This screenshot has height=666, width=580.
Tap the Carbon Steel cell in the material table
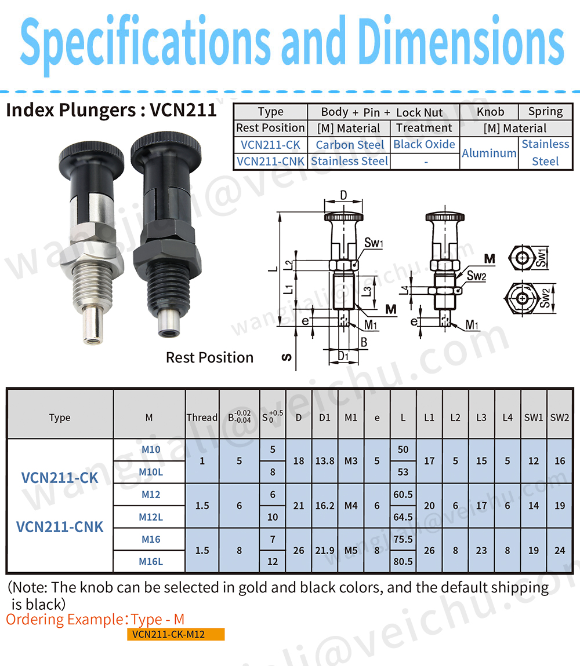point(350,145)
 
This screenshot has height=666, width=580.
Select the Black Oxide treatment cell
point(424,144)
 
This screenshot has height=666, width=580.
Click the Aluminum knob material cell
point(489,153)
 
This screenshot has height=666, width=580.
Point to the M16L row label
point(151,562)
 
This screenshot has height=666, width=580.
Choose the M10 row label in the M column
point(151,449)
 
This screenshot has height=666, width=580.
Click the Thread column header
point(202,418)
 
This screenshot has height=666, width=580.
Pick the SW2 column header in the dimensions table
point(560,418)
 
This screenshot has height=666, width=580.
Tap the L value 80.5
point(403,562)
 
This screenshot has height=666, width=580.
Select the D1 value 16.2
point(325,506)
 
